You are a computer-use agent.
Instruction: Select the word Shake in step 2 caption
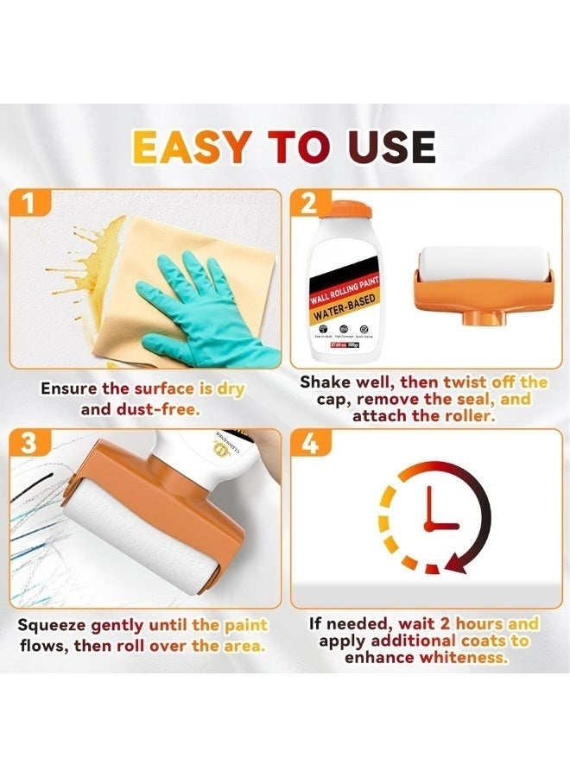click(x=326, y=382)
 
